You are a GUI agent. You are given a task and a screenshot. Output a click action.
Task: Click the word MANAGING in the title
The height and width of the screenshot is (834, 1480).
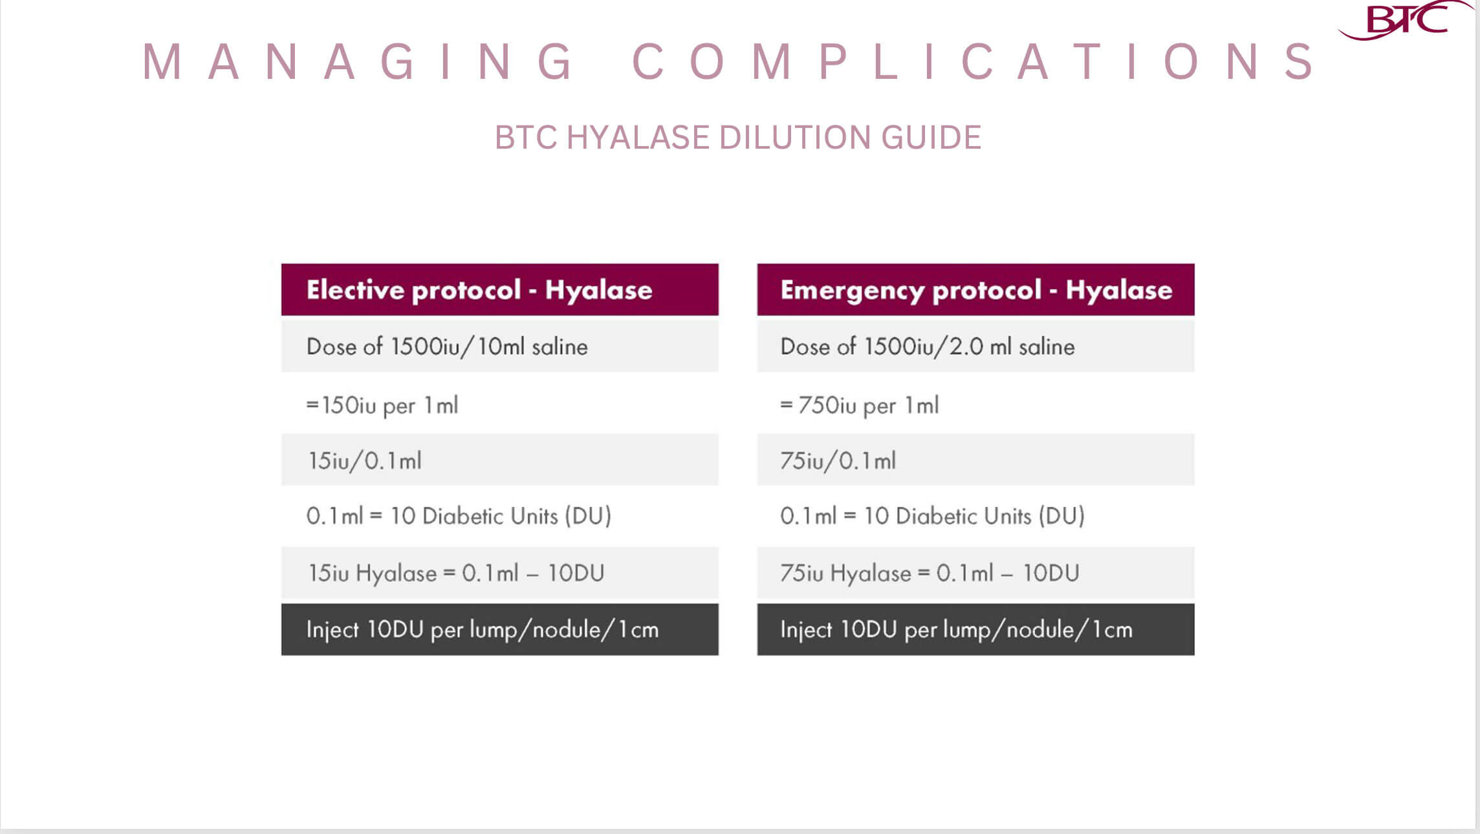coord(357,62)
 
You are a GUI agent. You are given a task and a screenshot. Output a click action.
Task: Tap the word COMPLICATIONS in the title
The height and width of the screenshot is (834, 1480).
coord(974,62)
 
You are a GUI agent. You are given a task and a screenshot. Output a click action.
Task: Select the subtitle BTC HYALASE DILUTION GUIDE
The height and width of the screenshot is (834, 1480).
coord(738,137)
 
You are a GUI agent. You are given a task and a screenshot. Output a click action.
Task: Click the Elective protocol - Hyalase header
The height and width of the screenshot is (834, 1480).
coord(500,290)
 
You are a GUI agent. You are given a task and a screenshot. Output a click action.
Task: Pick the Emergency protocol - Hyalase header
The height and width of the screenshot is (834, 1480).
coord(976,290)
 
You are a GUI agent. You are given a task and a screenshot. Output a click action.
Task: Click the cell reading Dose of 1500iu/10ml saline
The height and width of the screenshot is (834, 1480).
coord(500,347)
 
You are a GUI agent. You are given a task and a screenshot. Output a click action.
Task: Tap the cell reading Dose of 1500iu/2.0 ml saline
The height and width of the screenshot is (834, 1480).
coord(976,347)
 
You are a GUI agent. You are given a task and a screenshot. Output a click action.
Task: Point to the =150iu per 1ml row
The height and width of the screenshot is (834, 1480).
coord(500,405)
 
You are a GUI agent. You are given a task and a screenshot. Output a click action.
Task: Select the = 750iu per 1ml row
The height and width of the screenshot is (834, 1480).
coord(976,405)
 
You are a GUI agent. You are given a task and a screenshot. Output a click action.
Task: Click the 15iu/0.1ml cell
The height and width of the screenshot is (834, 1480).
coord(500,460)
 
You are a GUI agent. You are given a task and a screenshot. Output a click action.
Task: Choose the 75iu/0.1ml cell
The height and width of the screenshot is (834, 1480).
coord(976,460)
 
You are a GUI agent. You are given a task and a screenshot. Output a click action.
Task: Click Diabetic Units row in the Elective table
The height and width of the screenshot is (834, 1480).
coord(500,516)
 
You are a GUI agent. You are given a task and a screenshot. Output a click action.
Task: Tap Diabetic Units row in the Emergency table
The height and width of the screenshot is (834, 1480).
coord(976,516)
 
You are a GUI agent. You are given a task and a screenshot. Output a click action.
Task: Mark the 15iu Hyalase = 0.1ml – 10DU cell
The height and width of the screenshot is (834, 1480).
coord(500,573)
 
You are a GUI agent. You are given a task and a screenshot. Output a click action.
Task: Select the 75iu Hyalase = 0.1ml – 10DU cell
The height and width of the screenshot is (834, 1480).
coord(976,573)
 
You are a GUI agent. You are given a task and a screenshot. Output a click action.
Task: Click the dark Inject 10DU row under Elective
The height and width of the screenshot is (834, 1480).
coord(500,630)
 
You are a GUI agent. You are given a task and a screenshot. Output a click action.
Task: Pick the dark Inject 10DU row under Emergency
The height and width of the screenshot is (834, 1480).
coord(976,630)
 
